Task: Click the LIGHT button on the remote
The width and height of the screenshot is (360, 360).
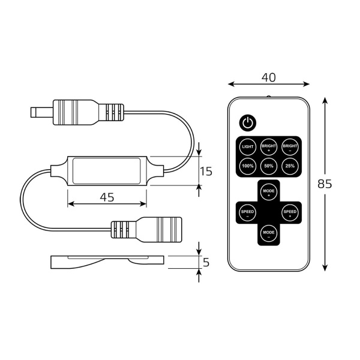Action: coord(248,146)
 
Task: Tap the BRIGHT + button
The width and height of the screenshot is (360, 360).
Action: coord(268,146)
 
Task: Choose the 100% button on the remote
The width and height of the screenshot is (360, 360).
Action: coord(248,166)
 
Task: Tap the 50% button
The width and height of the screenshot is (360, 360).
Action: coord(268,166)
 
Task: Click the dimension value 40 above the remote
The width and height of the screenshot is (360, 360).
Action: coord(268,76)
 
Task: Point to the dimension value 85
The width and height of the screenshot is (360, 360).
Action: coord(325,184)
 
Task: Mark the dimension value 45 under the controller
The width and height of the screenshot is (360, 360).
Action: coord(106,196)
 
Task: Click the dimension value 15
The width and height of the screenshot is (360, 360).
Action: coord(206,171)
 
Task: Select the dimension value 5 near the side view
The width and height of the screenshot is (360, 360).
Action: coord(206,262)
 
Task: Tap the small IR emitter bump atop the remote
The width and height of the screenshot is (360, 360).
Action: coord(268,95)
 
